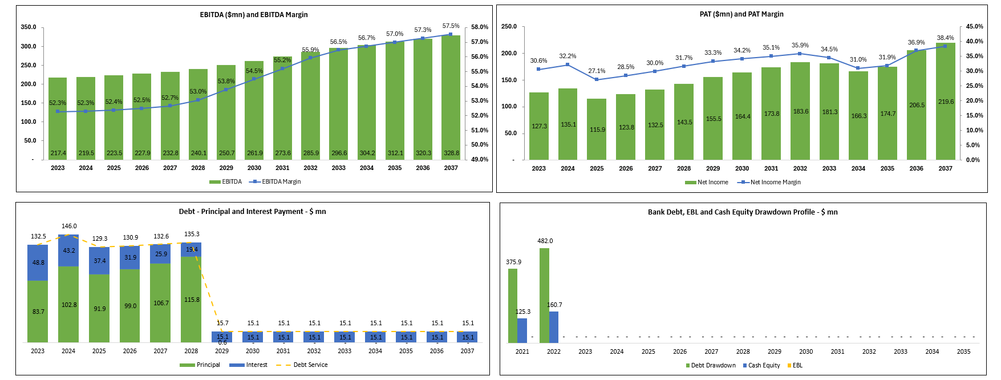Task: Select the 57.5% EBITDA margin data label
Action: (x=451, y=26)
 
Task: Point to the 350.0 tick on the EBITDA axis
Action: (x=29, y=27)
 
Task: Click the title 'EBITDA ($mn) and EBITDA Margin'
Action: (x=254, y=15)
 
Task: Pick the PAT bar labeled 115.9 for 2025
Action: (x=597, y=130)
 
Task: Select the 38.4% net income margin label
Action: (x=945, y=38)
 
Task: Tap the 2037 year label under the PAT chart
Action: (x=945, y=169)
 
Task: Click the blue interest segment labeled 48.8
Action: (x=38, y=262)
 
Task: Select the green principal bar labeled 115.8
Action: (x=191, y=300)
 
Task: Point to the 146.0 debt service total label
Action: (x=69, y=227)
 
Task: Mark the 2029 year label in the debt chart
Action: (x=222, y=351)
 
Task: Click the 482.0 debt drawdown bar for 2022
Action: (x=544, y=295)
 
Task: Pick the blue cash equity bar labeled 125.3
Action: (x=522, y=330)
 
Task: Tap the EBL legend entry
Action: (x=797, y=366)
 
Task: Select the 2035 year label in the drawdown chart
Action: (x=963, y=352)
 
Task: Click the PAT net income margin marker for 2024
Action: (x=568, y=65)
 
